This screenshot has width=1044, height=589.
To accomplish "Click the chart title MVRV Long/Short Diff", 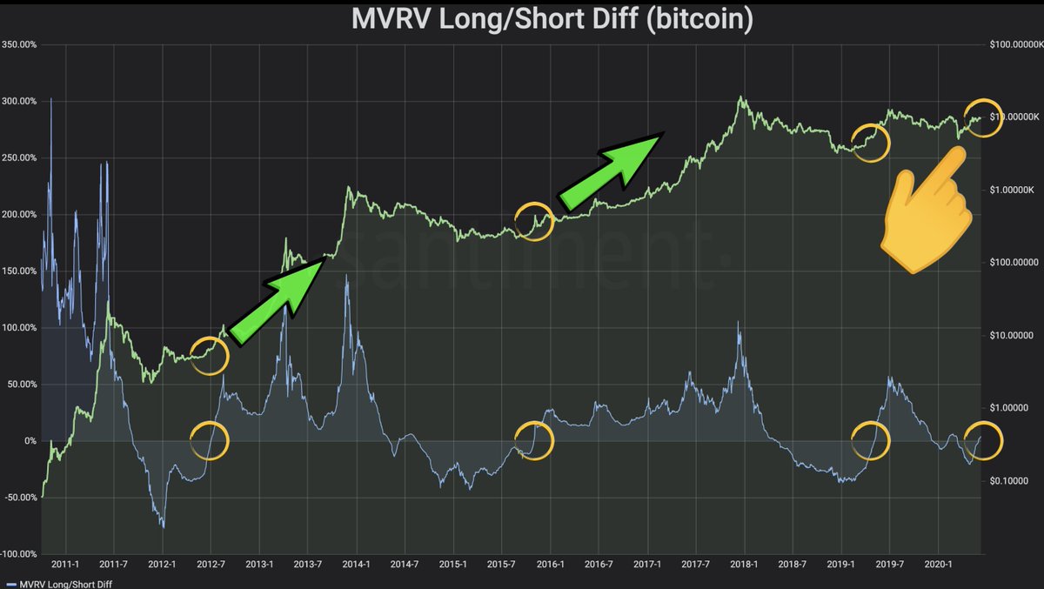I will [552, 18].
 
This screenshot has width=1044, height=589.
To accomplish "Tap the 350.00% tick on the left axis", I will [19, 44].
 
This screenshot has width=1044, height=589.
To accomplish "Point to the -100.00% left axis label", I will [19, 554].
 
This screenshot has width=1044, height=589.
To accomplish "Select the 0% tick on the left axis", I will [30, 441].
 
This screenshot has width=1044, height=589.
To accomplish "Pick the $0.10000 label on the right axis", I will [1011, 480].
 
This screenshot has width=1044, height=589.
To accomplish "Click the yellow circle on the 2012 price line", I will [210, 355].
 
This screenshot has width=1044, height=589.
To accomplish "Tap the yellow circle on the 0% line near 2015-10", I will [534, 440].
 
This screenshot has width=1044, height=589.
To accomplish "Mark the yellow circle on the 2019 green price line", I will [870, 143].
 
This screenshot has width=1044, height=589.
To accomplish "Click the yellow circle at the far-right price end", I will [984, 118].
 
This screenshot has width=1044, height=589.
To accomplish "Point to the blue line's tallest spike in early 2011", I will [51, 99].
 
